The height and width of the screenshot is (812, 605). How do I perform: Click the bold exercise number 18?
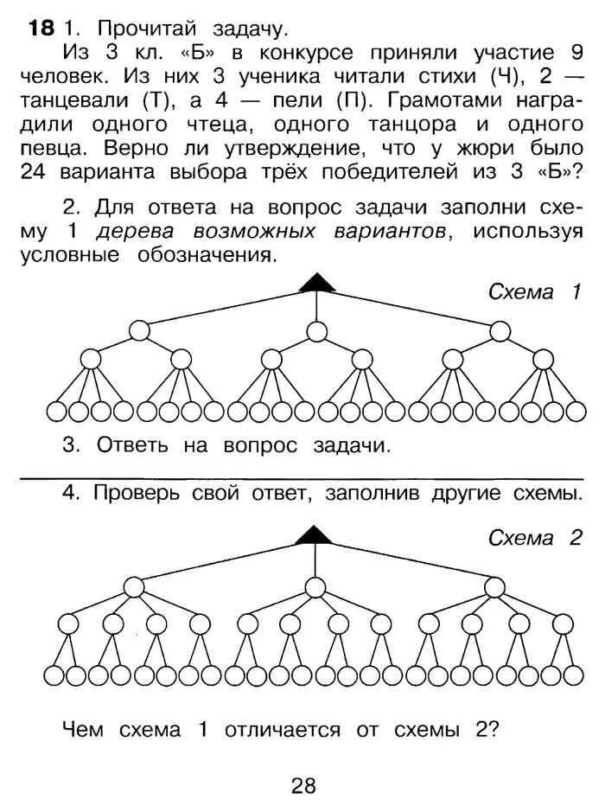(x=41, y=28)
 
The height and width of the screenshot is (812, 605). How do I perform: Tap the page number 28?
(x=303, y=785)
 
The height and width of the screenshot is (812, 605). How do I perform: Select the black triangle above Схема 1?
(x=316, y=281)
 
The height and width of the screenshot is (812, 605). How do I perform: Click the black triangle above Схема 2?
(x=314, y=534)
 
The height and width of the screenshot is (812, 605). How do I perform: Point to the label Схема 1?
(x=533, y=291)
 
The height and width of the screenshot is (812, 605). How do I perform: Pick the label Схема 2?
(x=533, y=538)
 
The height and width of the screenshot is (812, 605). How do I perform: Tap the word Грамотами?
(x=434, y=99)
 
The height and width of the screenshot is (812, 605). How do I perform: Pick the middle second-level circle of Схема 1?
(x=316, y=331)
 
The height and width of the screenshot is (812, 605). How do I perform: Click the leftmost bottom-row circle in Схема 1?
(x=57, y=412)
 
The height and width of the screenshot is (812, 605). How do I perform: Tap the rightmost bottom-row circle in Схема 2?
(x=572, y=675)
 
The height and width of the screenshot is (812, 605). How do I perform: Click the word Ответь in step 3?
(x=134, y=446)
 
